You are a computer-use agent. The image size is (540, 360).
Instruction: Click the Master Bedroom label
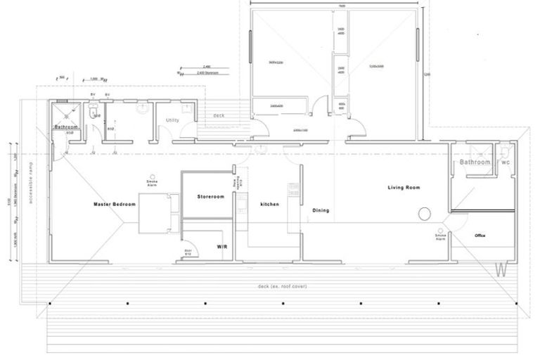click(115, 205)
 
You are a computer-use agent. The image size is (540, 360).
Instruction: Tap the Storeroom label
click(210, 197)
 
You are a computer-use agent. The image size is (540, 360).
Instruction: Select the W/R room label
click(221, 247)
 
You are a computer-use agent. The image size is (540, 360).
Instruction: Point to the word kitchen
click(269, 205)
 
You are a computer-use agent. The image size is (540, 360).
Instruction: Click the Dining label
click(321, 210)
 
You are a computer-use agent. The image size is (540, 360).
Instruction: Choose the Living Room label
click(404, 187)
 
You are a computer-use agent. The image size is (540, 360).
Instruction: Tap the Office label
click(480, 236)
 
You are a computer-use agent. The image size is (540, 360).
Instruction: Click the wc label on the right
click(504, 162)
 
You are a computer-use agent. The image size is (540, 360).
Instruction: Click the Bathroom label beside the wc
click(475, 162)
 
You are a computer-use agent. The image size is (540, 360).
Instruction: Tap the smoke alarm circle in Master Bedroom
click(152, 176)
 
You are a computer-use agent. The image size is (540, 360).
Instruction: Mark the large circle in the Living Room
click(425, 214)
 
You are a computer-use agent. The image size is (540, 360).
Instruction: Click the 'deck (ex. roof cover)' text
click(283, 287)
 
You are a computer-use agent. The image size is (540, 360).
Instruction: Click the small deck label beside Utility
click(219, 115)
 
